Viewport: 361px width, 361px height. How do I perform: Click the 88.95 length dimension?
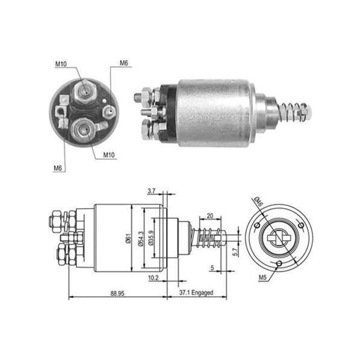point(117,294)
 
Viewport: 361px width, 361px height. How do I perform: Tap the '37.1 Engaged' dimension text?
point(196,293)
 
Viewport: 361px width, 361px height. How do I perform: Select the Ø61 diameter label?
point(129,238)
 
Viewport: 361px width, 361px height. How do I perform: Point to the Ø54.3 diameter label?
point(141,239)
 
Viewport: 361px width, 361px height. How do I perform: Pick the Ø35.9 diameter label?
point(151,238)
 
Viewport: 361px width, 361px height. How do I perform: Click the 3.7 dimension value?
point(152,191)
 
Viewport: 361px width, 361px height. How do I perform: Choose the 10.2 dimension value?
point(153,278)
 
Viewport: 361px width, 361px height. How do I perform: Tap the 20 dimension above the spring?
point(210,216)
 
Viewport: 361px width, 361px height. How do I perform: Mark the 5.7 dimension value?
point(235,252)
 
